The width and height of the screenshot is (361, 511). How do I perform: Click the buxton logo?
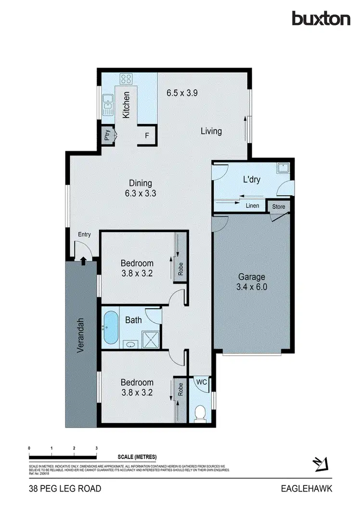(321, 18)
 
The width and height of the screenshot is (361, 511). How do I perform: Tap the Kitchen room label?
(126, 105)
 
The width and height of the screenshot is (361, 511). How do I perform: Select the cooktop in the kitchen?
(127, 79)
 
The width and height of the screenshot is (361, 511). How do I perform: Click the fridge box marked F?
(147, 136)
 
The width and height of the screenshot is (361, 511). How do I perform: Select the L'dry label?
(251, 180)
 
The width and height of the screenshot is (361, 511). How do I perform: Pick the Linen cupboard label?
(253, 206)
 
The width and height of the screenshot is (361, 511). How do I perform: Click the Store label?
(279, 207)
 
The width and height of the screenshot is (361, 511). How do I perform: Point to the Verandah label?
(81, 336)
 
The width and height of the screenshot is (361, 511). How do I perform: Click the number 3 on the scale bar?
(97, 448)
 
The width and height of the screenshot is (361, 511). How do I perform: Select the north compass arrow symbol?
(319, 464)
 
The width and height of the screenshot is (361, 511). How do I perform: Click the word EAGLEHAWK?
(307, 489)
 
